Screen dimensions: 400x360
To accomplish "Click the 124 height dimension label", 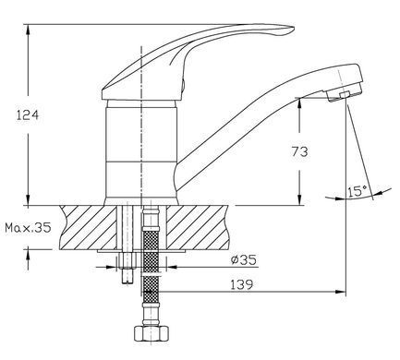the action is coord(28,115).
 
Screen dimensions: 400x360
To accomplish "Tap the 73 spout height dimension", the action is coord(299,151).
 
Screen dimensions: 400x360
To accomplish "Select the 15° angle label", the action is coord(358,191).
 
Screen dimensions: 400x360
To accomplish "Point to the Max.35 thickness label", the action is coord(28,228).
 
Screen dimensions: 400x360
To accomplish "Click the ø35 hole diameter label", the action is coord(243,260).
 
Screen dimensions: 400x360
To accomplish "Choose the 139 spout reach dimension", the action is coord(242,284).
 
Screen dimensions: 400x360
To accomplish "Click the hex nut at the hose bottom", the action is coord(152,333).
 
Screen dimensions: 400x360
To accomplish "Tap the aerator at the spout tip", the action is coord(344,93).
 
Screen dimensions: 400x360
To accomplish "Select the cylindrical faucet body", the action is coord(141,150).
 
